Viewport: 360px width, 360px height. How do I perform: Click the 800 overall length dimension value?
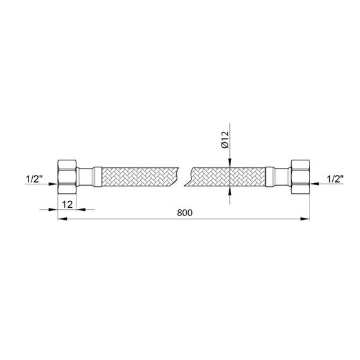coord(184,213)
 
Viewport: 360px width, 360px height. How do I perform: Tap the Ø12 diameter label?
coord(225,140)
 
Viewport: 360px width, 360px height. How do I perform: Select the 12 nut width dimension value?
coord(68,204)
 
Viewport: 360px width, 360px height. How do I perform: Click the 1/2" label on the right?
coord(335,179)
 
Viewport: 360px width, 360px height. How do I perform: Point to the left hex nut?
coord(67,177)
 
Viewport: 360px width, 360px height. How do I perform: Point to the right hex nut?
coord(300,177)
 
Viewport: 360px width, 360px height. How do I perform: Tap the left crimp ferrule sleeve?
coord(97,177)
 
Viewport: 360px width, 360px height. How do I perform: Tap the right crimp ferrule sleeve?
coord(270,177)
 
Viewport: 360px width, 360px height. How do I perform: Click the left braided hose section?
coord(140,177)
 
